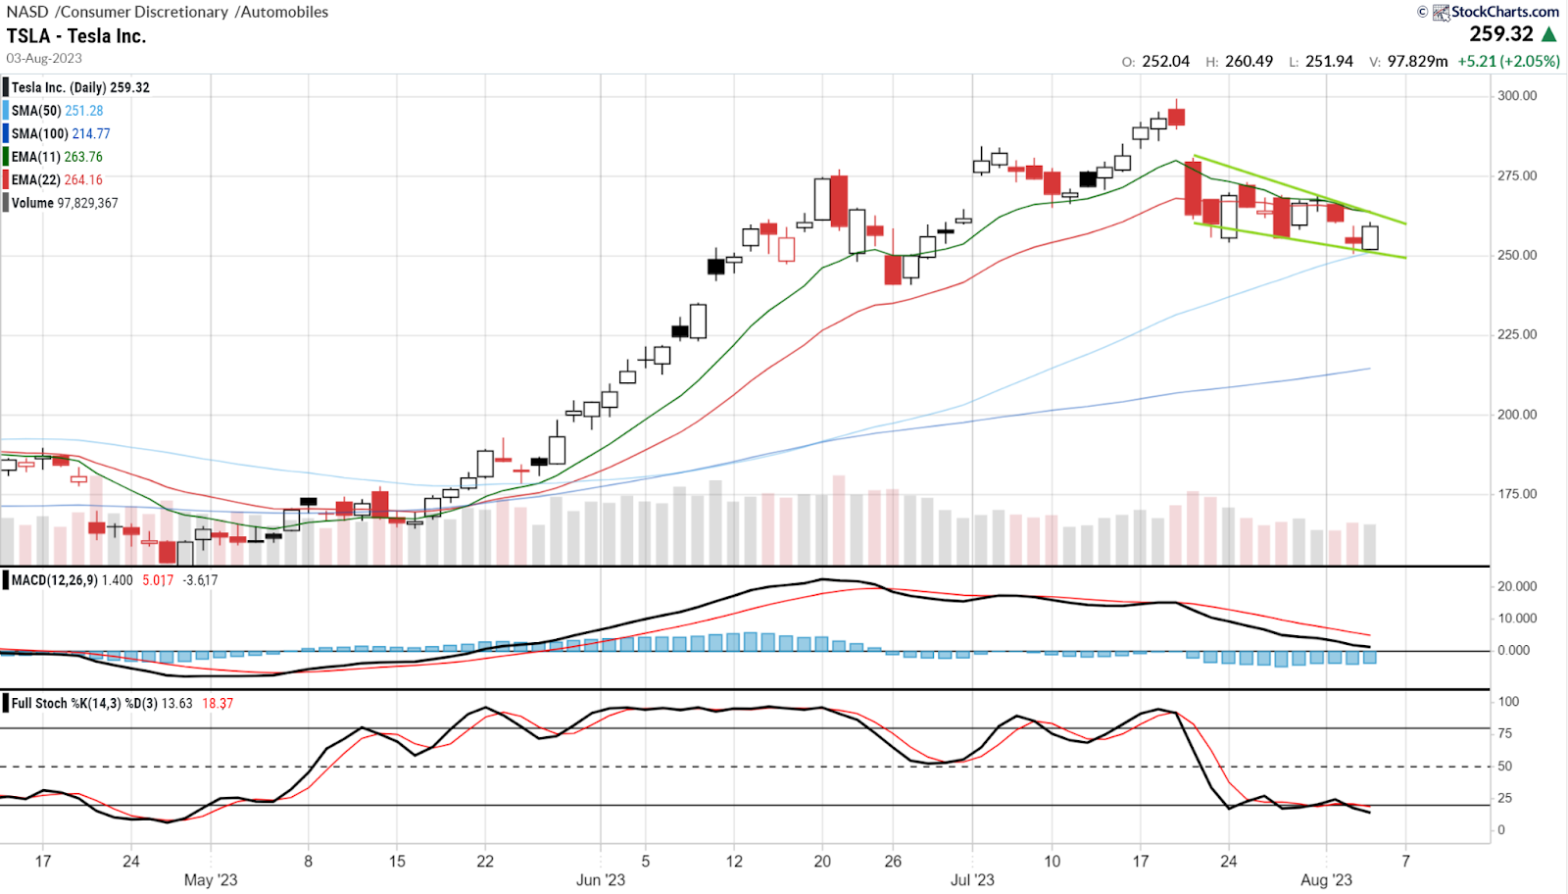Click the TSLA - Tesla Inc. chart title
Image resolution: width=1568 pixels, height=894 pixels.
[76, 36]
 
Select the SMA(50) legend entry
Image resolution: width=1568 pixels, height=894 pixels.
[57, 111]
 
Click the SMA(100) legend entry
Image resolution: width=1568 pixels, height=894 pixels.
[61, 134]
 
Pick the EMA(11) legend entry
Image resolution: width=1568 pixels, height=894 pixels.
[57, 157]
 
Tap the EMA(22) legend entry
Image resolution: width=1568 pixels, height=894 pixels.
[57, 180]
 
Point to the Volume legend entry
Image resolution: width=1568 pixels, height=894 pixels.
[65, 203]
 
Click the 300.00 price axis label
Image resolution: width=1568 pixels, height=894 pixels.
[1516, 96]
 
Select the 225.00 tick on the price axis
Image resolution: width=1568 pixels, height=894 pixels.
[1516, 334]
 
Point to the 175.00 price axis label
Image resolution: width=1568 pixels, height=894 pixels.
[1516, 494]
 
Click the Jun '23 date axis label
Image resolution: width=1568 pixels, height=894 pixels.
[601, 879]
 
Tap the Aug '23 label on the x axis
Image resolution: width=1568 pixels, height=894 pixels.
[1326, 879]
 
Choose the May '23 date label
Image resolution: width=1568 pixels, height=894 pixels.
[211, 879]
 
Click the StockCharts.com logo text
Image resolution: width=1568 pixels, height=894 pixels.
[1504, 12]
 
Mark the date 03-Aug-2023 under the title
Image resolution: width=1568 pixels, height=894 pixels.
[44, 59]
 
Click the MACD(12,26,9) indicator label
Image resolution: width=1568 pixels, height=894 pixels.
[54, 580]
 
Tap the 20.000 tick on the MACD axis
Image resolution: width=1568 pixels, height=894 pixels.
[1517, 586]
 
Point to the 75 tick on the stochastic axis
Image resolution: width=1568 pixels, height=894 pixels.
[1505, 733]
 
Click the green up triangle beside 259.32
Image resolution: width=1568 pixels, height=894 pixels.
[1549, 34]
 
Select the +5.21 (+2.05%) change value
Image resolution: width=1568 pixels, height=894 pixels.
[1508, 61]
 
